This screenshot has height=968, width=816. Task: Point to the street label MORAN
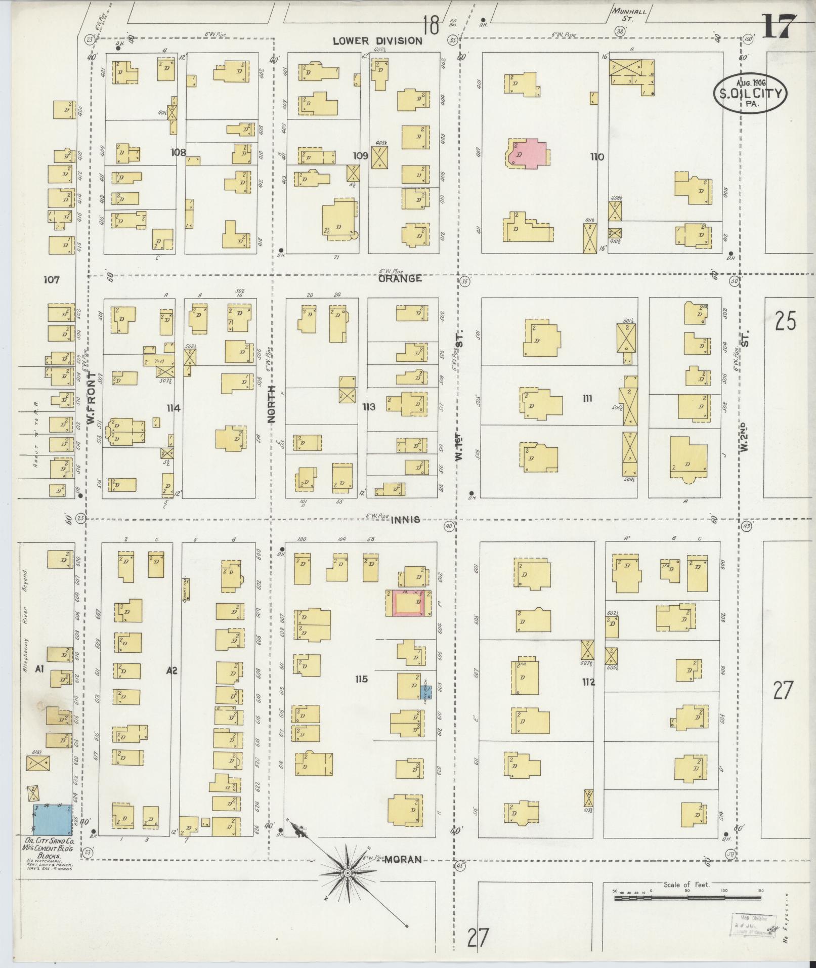[403, 859]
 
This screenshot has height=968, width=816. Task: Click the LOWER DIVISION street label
[377, 41]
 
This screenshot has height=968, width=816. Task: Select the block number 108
[178, 152]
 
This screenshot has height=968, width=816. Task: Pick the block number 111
[587, 399]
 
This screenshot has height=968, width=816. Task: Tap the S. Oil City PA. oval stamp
[750, 92]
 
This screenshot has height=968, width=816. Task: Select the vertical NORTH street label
[272, 403]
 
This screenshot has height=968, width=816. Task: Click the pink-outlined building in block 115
[409, 603]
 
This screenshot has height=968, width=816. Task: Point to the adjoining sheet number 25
[785, 321]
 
